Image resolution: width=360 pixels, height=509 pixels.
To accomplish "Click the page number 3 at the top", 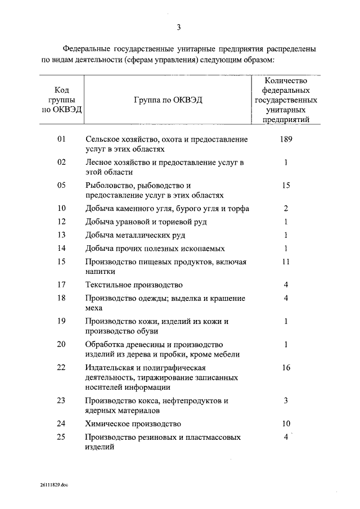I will coord(179,27).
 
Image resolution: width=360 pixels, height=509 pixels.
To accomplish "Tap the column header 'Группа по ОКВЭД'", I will coord(168,100).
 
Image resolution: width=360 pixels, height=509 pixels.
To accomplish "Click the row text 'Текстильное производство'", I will coord(134,285).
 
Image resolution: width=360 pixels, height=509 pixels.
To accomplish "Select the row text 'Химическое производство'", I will coord(133,424).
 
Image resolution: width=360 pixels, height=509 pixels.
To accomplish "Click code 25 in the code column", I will coord(62,437).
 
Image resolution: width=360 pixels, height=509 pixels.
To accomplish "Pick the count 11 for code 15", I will coord(286,262).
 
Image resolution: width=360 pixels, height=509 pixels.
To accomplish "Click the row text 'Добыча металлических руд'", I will coord(135,235).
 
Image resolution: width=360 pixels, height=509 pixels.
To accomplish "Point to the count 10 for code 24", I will coord(286,424).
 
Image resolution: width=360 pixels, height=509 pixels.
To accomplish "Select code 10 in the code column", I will coord(62,209).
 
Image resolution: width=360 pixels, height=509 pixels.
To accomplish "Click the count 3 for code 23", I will coord(286,400).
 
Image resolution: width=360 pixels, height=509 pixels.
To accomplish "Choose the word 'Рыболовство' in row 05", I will coord(110,185).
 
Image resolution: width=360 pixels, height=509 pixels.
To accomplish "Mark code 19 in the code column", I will coord(62,321).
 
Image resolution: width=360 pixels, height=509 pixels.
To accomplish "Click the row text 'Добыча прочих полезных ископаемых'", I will coord(155,248).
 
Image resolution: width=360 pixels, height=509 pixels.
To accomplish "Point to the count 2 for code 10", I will coord(286,209).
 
